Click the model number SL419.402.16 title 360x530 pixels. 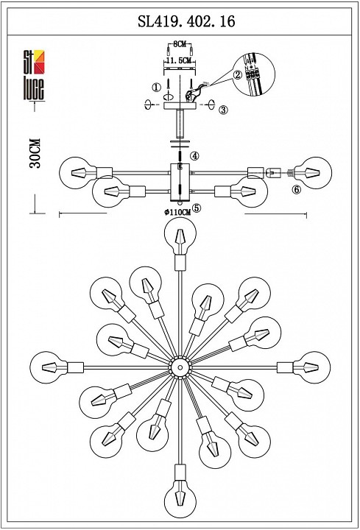186,21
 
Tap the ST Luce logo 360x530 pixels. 34,75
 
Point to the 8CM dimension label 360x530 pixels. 180,44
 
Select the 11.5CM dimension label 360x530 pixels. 179,60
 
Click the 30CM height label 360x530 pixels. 35,153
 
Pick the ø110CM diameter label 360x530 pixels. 177,212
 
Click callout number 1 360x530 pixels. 156,88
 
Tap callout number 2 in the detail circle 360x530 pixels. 238,74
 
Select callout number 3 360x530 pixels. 223,110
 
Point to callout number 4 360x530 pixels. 194,156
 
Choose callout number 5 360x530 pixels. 197,208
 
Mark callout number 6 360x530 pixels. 297,190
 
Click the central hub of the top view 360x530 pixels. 180,367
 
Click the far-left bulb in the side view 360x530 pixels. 75,173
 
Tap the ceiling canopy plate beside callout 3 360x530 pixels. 180,106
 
